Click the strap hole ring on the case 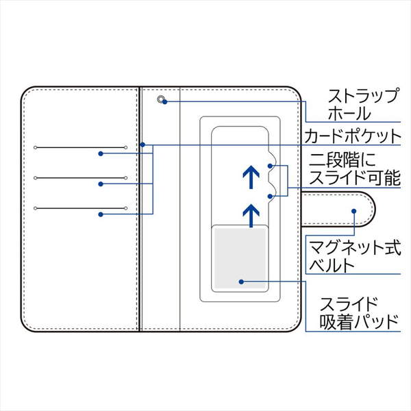click(x=162, y=100)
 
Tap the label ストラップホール click(x=359, y=104)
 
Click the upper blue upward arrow click(x=250, y=177)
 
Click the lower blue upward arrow click(x=251, y=214)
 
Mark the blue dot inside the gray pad click(x=240, y=281)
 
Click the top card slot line click(x=80, y=147)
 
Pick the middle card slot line click(x=80, y=178)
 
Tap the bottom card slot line click(x=80, y=208)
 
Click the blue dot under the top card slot click(x=101, y=154)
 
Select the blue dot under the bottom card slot click(x=101, y=214)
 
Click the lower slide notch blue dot click(x=272, y=196)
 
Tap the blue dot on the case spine click(x=142, y=145)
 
